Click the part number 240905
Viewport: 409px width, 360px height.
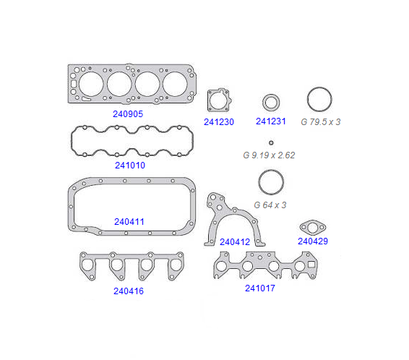[128, 114]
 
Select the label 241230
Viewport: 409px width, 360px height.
[219, 122]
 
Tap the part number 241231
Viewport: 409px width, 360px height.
[271, 121]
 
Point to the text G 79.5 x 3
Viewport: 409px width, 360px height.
[321, 122]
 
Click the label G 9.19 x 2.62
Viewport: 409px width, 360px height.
[269, 155]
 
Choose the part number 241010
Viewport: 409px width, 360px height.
[130, 165]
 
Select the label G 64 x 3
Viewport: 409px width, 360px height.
[270, 205]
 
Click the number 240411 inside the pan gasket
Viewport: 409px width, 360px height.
[129, 221]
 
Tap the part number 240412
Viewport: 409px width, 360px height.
[235, 242]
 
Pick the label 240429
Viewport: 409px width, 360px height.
[313, 241]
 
